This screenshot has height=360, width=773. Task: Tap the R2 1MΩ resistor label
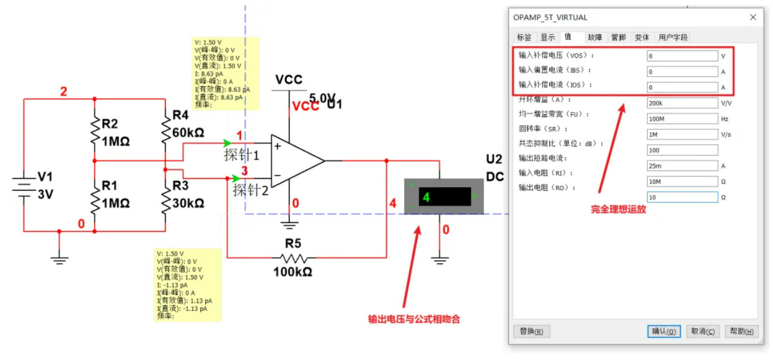coord(115,133)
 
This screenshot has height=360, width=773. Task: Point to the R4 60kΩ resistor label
coord(188,123)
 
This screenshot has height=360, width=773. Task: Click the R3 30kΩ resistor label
coord(188,194)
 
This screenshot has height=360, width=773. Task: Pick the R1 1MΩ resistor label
coord(115,194)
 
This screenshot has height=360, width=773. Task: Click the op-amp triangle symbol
coord(296,161)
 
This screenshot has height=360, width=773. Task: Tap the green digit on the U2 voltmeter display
coord(426,197)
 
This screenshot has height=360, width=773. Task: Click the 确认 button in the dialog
coord(664,331)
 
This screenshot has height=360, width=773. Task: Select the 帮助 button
coord(741,331)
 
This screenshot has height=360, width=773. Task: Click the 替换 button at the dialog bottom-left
coord(531,331)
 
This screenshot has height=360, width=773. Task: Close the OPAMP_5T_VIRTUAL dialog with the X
coord(753,17)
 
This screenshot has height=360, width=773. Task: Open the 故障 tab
coord(595,37)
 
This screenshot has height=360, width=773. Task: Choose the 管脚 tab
coord(618,37)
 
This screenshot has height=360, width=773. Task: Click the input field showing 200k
coord(682,103)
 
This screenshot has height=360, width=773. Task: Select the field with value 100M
coord(682,118)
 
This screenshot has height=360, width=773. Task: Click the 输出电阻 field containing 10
coord(682,197)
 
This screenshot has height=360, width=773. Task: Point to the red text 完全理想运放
coord(618,209)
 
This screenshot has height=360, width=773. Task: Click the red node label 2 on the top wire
coord(63,92)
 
